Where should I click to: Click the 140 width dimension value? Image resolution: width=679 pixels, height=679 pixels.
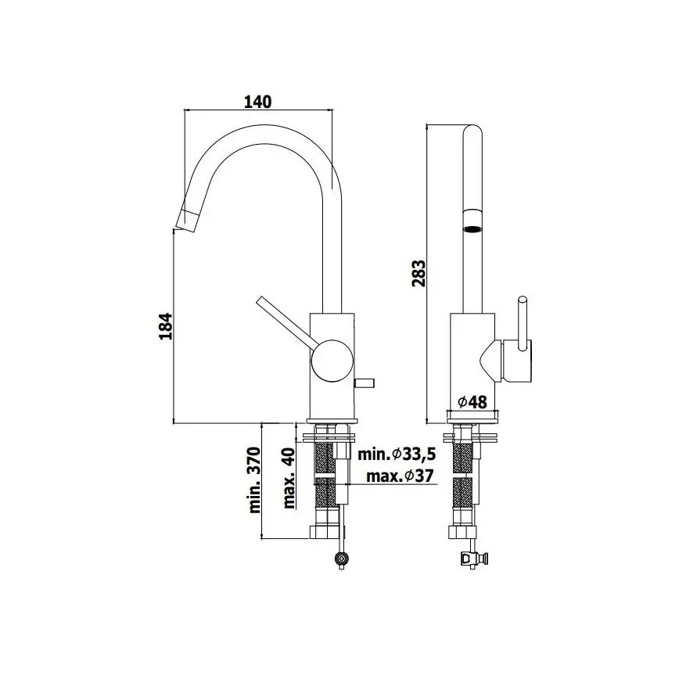click(x=258, y=102)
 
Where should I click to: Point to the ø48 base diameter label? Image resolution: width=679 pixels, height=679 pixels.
click(x=472, y=402)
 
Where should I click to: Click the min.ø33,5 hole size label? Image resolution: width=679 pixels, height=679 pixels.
click(x=396, y=454)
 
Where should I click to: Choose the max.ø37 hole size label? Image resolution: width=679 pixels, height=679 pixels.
click(x=397, y=476)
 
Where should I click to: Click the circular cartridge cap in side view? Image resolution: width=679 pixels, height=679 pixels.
click(x=329, y=359)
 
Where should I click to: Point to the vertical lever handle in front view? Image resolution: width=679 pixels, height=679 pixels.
click(x=522, y=320)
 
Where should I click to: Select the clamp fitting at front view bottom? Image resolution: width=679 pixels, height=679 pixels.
click(x=474, y=559)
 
